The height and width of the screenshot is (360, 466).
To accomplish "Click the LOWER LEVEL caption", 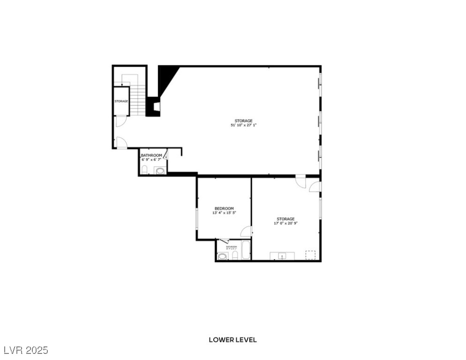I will (x=233, y=340).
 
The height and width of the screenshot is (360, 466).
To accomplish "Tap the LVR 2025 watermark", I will (x=26, y=350).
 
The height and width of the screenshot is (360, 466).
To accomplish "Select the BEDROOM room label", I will (x=224, y=209).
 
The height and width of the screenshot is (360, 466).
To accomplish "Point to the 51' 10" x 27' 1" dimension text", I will (x=243, y=125).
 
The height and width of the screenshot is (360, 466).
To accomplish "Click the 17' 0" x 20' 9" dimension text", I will (x=286, y=223).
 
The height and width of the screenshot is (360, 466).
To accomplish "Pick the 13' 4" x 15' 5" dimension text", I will (x=224, y=213).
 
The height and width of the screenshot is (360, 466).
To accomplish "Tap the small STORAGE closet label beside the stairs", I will (x=121, y=101).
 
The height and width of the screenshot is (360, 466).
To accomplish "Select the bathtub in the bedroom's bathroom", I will (x=246, y=251).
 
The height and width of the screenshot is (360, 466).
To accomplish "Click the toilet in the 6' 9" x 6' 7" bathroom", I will (x=145, y=169).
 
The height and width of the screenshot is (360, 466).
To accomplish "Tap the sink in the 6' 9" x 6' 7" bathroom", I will (x=160, y=171).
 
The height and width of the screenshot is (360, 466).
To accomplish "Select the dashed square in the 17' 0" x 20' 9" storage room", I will (x=310, y=255).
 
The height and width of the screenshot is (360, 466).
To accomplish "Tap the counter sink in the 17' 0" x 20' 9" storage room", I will (x=282, y=255).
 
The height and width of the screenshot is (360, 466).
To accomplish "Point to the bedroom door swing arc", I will (x=246, y=231).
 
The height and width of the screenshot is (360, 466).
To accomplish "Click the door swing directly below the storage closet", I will (x=120, y=121).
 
